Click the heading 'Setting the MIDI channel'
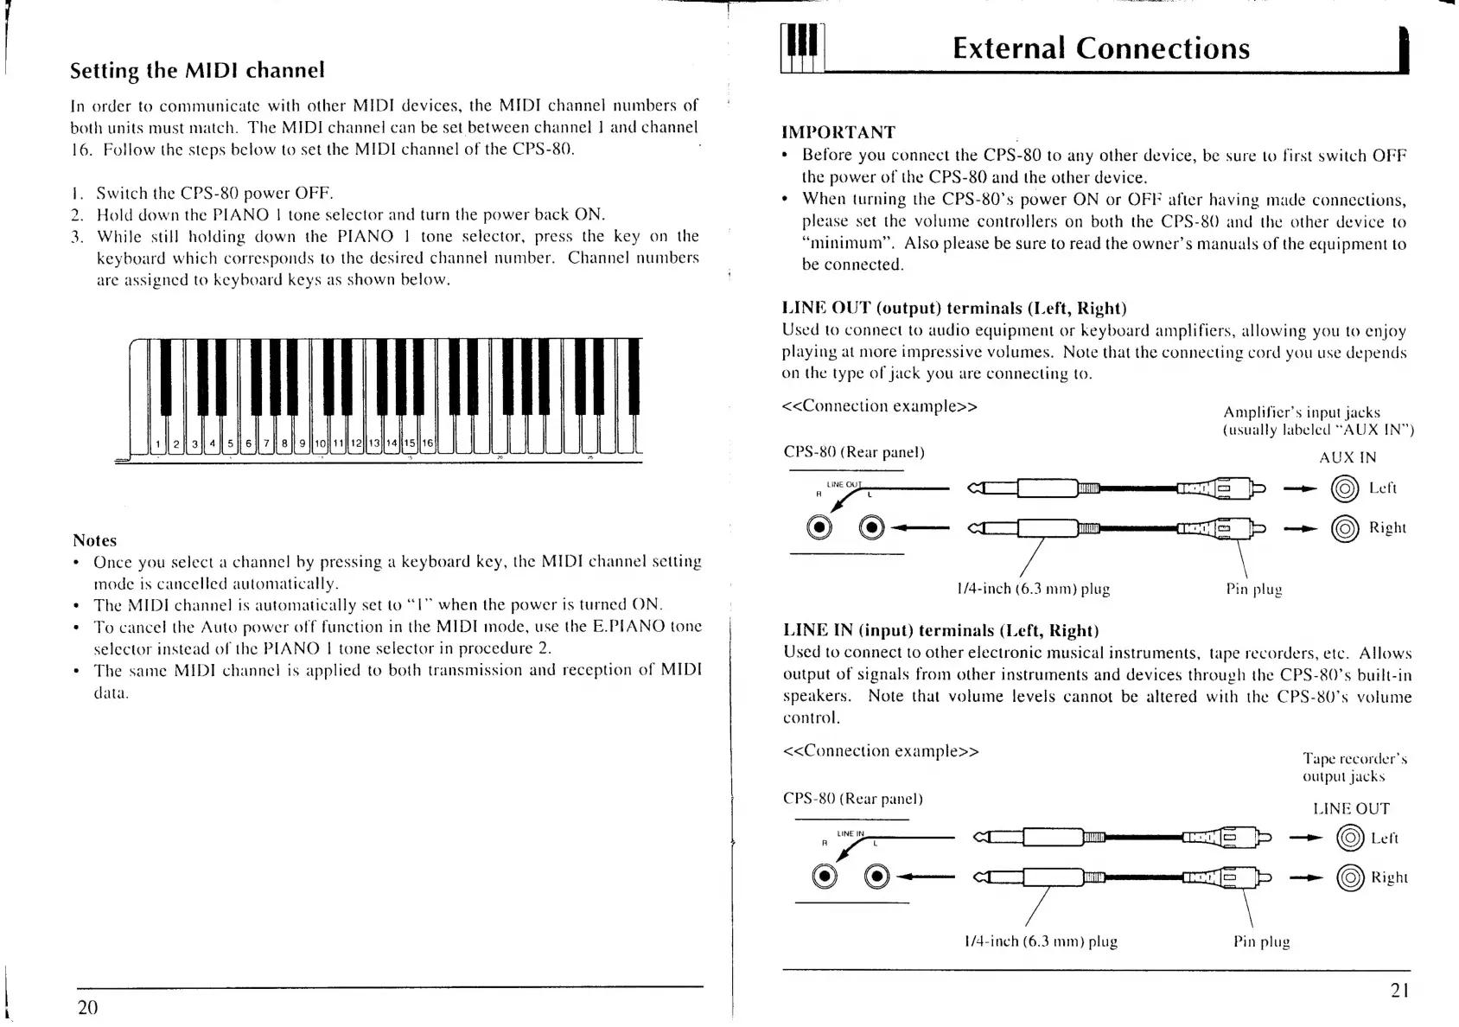click(197, 70)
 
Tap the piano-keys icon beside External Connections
click(803, 48)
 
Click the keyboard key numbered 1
click(158, 444)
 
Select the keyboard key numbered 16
click(428, 444)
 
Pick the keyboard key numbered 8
click(284, 444)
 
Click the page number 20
click(87, 1007)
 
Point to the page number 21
click(1400, 991)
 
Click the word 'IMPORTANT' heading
click(838, 132)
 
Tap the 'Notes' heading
click(94, 540)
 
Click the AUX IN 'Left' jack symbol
click(1345, 489)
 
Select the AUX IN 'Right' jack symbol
click(1345, 528)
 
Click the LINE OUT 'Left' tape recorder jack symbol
click(1348, 839)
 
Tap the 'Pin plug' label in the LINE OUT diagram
click(1253, 590)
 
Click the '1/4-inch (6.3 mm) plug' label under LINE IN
click(1040, 941)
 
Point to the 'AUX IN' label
click(1347, 458)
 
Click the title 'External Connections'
click(1100, 48)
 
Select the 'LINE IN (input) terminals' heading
click(940, 630)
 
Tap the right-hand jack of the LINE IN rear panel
click(876, 877)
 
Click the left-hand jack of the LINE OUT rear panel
click(819, 527)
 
